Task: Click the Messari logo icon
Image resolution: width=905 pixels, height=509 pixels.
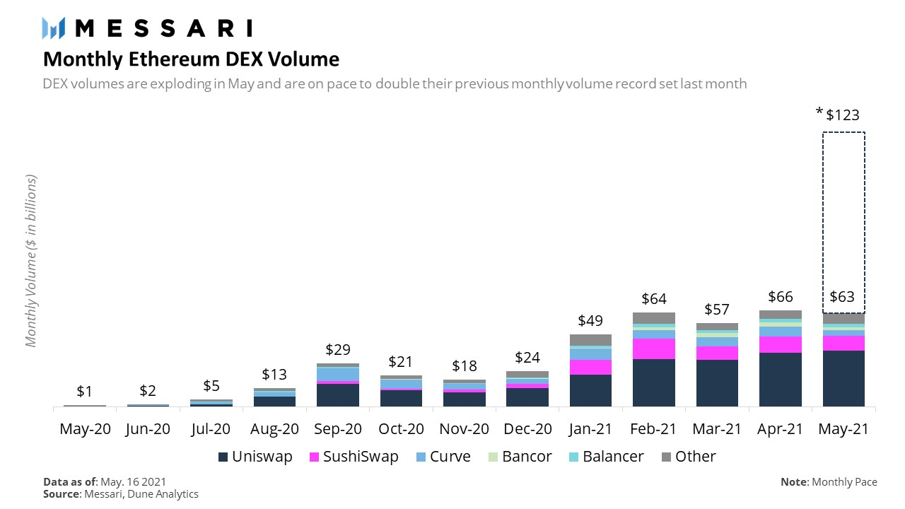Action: pyautogui.click(x=54, y=28)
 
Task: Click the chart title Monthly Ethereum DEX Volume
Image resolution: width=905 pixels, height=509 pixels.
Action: pyautogui.click(x=191, y=59)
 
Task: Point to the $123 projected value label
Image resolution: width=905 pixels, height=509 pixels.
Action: pyautogui.click(x=843, y=115)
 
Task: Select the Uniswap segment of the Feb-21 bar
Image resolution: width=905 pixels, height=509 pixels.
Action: pyautogui.click(x=654, y=382)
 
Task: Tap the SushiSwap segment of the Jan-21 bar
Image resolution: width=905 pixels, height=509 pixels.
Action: pyautogui.click(x=590, y=367)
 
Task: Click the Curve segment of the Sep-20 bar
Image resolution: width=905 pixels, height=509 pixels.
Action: pyautogui.click(x=338, y=373)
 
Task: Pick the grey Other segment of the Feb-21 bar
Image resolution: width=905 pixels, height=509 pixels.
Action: pyautogui.click(x=654, y=317)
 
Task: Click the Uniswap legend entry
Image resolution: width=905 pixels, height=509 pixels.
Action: pyautogui.click(x=255, y=457)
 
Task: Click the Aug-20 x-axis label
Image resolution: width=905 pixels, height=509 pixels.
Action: pyautogui.click(x=275, y=428)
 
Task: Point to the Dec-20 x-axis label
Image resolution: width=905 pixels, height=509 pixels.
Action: pyautogui.click(x=527, y=428)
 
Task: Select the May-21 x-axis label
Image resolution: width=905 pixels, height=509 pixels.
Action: pyautogui.click(x=843, y=428)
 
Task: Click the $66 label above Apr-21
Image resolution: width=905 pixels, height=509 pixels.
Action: pyautogui.click(x=781, y=297)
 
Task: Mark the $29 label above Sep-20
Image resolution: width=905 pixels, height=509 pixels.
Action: pyautogui.click(x=338, y=350)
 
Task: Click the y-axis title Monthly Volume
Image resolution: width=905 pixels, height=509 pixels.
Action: pyautogui.click(x=31, y=260)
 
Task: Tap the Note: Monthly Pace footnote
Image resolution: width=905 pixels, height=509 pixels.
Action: pyautogui.click(x=829, y=482)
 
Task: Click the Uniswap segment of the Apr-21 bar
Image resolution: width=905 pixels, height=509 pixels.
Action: pyautogui.click(x=781, y=380)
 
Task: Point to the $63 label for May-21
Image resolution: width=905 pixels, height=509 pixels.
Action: pyautogui.click(x=843, y=297)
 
